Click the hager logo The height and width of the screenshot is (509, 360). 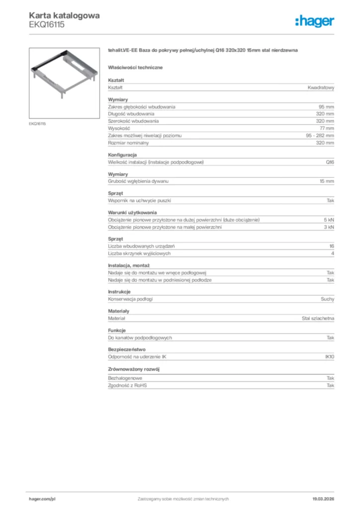314,21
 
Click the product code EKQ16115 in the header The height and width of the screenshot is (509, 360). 47,24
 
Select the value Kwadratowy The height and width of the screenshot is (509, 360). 321,87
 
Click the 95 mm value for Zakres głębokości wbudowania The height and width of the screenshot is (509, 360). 326,107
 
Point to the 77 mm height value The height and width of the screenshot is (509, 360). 327,128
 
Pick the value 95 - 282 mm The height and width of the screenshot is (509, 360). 320,136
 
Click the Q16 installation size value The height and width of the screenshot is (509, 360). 330,163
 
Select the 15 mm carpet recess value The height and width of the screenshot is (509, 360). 327,181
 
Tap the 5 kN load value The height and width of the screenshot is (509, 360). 329,220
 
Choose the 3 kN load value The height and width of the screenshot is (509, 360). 329,227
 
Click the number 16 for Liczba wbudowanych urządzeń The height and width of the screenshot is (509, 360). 331,246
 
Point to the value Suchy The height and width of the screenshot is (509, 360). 327,299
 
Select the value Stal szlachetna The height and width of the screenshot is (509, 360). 318,318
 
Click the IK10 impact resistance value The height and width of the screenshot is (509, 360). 329,356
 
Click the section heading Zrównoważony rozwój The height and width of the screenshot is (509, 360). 133,369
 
